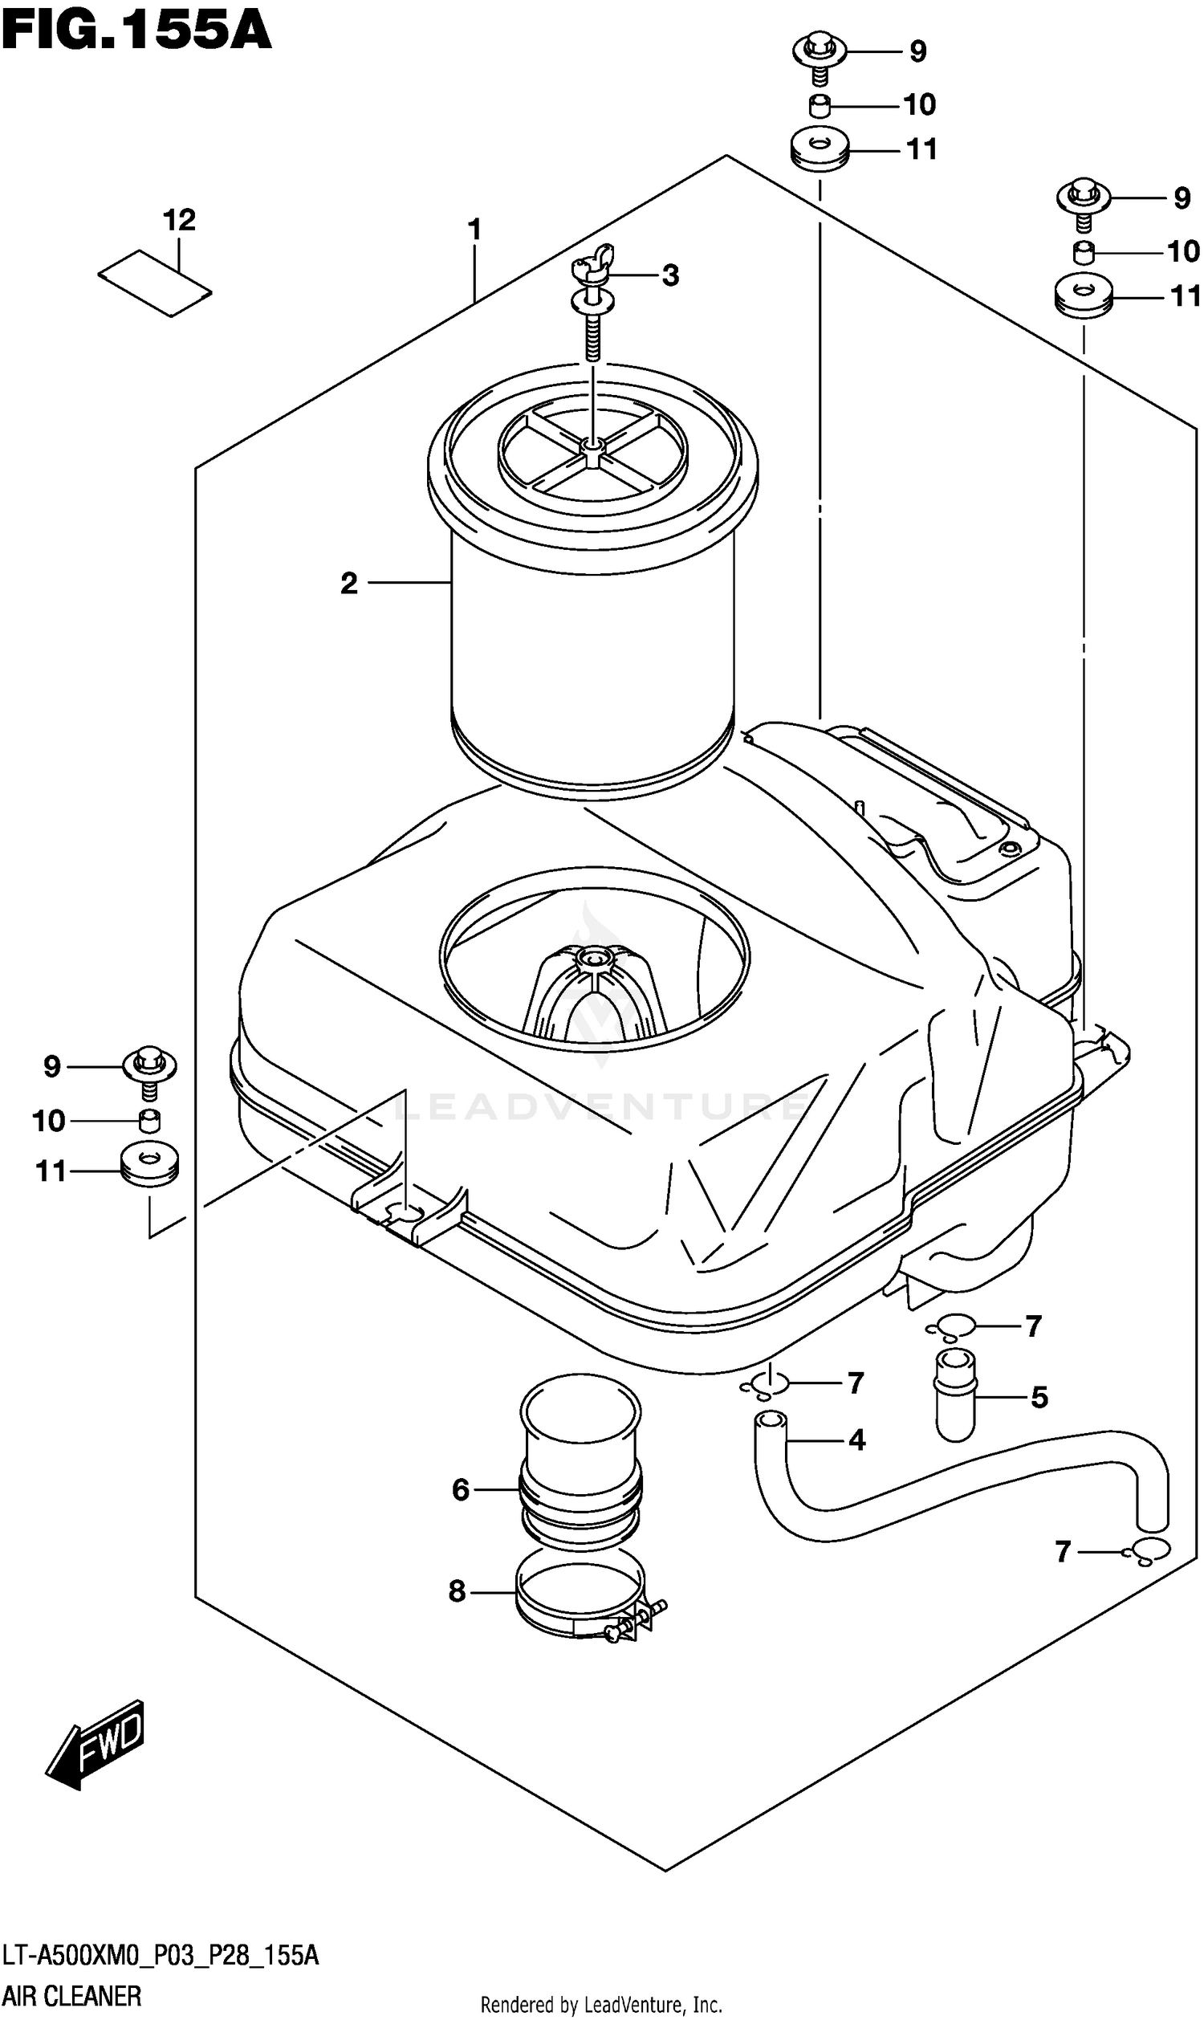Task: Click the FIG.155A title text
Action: (136, 31)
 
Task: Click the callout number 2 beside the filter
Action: (349, 584)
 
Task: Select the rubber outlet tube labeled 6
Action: (580, 1460)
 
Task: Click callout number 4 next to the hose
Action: (856, 1440)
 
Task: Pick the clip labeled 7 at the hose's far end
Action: (1145, 1551)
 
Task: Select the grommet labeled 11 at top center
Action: (820, 150)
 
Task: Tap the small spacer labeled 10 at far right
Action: (1083, 252)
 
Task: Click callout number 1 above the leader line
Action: (474, 230)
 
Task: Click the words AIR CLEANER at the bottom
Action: (72, 1995)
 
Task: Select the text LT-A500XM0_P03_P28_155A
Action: (161, 1955)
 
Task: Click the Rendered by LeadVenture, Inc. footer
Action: (601, 2006)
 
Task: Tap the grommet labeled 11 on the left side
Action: (149, 1165)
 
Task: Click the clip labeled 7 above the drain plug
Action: (950, 1328)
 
